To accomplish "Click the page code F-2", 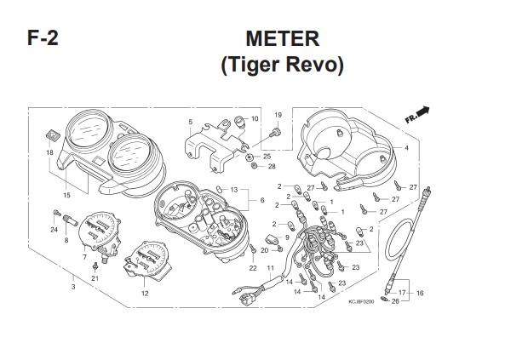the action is tap(43, 38).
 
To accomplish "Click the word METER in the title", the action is tap(283, 38).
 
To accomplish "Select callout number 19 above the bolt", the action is tap(278, 115).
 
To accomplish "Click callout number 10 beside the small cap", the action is tap(255, 119).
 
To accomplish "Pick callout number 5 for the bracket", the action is tap(191, 122).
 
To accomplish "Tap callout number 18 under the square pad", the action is tap(49, 152).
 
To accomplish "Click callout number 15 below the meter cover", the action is tap(66, 195).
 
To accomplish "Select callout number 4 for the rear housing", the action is tap(406, 148).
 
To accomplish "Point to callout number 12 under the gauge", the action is tap(145, 294).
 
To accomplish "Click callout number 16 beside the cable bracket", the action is tap(420, 293).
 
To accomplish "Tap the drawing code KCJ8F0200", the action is tap(361, 302).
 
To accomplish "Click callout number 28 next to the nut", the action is tap(272, 167).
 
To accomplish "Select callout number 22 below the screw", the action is tap(253, 268).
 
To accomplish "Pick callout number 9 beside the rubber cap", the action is tap(287, 237).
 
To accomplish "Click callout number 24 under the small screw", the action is tap(54, 230).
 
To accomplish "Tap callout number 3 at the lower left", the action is tap(73, 287).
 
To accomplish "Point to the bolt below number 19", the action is tap(277, 132).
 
